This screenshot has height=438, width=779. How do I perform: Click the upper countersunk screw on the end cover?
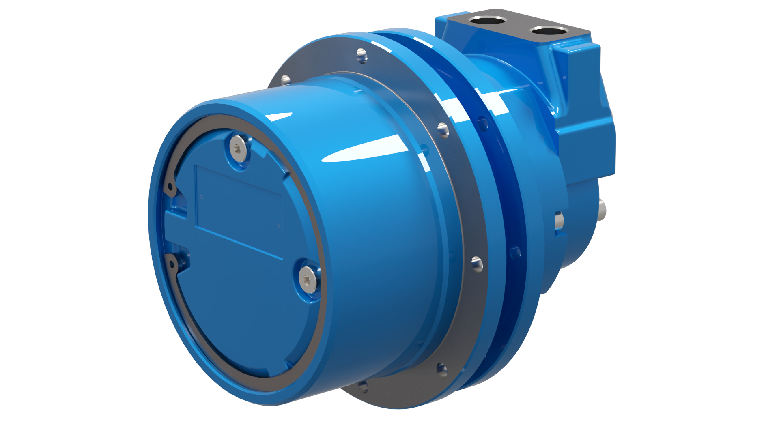pyautogui.click(x=239, y=149)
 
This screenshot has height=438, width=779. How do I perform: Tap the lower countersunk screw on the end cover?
pyautogui.click(x=308, y=279)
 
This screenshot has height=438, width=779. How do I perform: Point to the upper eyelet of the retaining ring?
pyautogui.click(x=170, y=187)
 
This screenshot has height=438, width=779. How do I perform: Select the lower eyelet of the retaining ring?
pyautogui.click(x=172, y=264)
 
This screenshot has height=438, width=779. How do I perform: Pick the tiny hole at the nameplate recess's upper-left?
pyautogui.click(x=202, y=198)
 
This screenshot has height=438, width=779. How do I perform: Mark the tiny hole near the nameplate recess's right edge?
pyautogui.click(x=278, y=226)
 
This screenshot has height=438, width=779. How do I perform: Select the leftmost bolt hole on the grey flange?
pyautogui.click(x=286, y=80)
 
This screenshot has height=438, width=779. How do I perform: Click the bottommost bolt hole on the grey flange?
pyautogui.click(x=363, y=386)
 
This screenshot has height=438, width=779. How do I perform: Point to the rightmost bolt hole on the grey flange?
pyautogui.click(x=477, y=264)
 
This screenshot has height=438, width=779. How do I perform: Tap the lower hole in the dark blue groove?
pyautogui.click(x=515, y=253)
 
